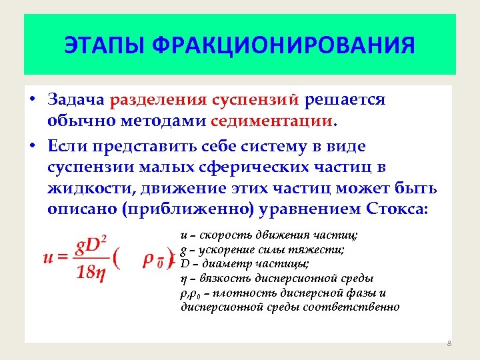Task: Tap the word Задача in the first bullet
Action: click(x=75, y=100)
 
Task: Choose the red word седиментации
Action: click(x=271, y=122)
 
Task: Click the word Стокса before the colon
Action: click(x=394, y=209)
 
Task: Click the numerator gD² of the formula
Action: click(x=93, y=246)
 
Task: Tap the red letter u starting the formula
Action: click(x=49, y=259)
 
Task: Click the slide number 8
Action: click(x=449, y=343)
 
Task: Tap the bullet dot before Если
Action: click(x=32, y=145)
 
